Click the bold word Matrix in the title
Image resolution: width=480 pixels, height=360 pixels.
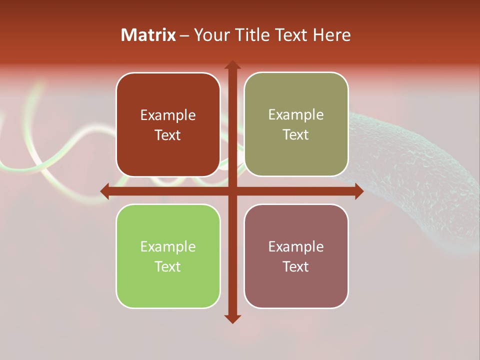(148, 35)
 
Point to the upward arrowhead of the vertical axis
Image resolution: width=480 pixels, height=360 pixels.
(232, 65)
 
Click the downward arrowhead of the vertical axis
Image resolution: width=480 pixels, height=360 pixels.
(232, 318)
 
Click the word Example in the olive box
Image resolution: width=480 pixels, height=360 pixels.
(296, 115)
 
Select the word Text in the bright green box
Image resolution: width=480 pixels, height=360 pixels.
(168, 266)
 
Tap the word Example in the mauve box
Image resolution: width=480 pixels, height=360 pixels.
(296, 246)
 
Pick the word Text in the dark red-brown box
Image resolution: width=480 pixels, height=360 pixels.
(168, 135)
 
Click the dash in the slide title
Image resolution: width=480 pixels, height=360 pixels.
(184, 35)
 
